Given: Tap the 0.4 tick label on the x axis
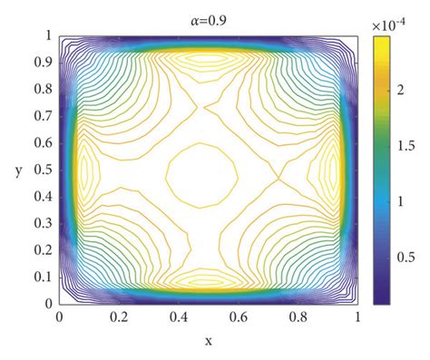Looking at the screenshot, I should pyautogui.click(x=179, y=318).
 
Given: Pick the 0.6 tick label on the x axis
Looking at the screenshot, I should pyautogui.click(x=239, y=318).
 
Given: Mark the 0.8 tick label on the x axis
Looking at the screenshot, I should pyautogui.click(x=298, y=318).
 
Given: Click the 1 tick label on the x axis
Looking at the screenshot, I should pyautogui.click(x=358, y=318).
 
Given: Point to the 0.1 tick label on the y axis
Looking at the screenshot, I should pyautogui.click(x=43, y=277).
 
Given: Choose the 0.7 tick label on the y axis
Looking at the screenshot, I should pyautogui.click(x=43, y=116).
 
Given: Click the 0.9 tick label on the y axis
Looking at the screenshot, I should pyautogui.click(x=43, y=63).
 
